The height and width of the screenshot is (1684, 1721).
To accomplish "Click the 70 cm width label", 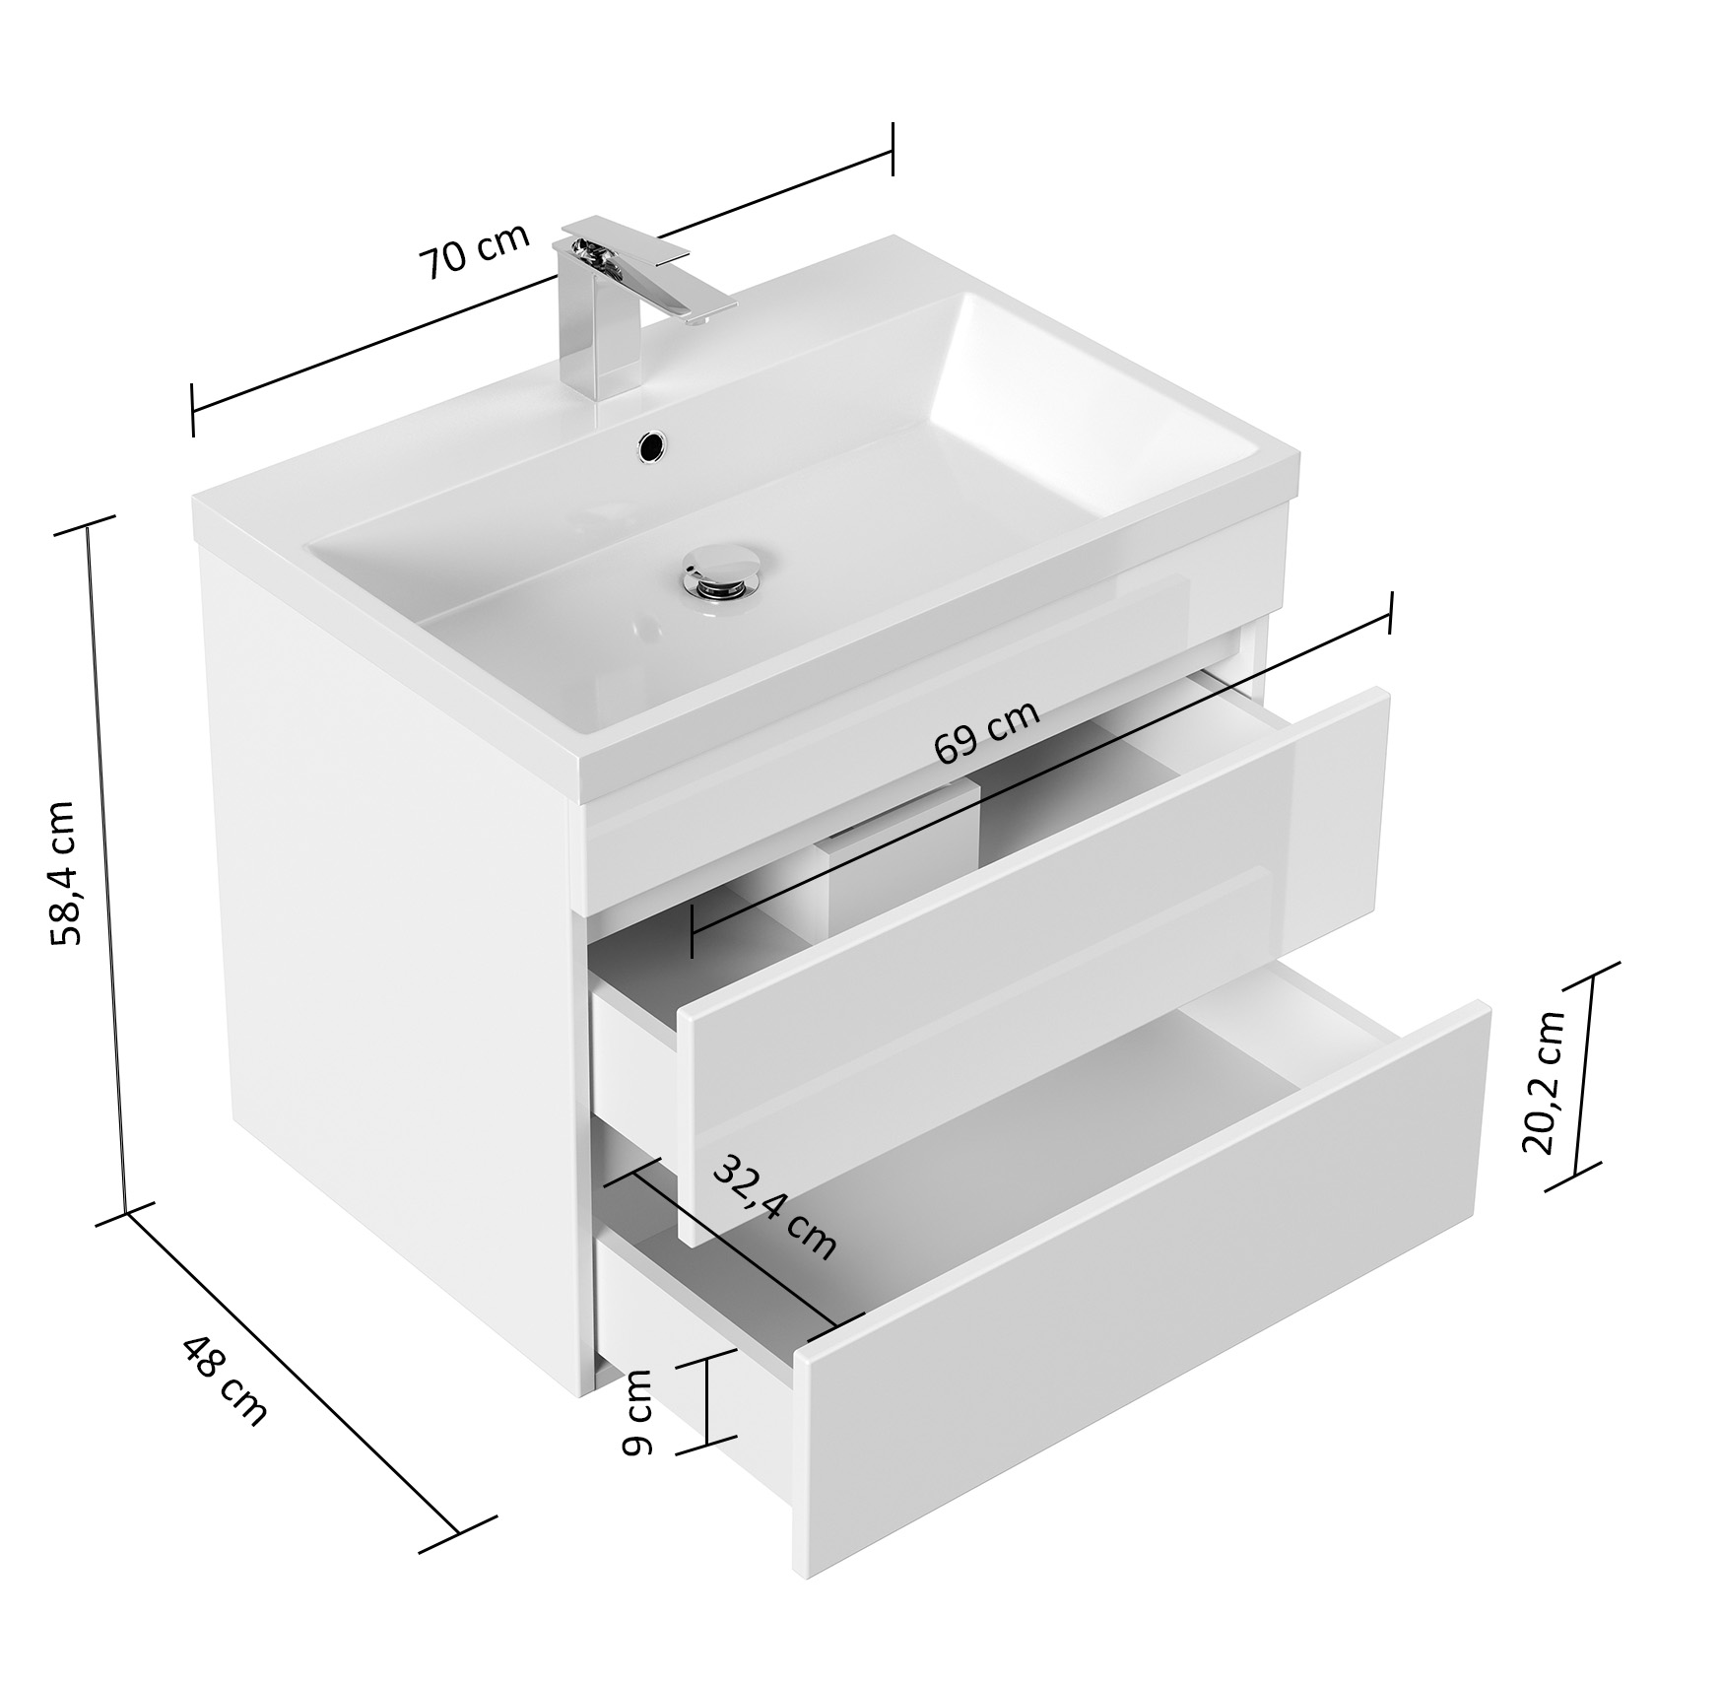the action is pyautogui.click(x=475, y=251).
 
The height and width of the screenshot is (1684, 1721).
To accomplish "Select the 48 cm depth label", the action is pyautogui.click(x=224, y=1380).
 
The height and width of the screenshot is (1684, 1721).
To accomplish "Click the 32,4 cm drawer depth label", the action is pyautogui.click(x=774, y=1207).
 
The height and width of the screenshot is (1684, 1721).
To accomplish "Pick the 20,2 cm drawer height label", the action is pyautogui.click(x=1543, y=1082).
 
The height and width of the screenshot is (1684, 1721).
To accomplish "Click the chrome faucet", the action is pyautogui.click(x=630, y=305).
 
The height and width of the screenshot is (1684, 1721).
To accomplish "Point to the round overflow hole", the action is pyautogui.click(x=652, y=444).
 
